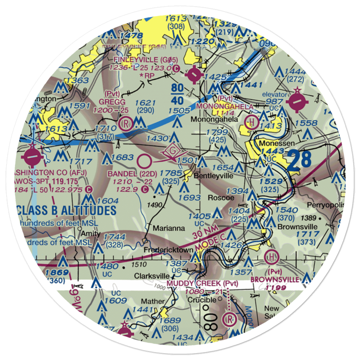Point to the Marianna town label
(x=169, y=228)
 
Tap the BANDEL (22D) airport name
(x=128, y=173)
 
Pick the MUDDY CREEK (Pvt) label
(x=202, y=284)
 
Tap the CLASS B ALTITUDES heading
(x=67, y=211)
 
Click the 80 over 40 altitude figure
(x=177, y=93)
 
